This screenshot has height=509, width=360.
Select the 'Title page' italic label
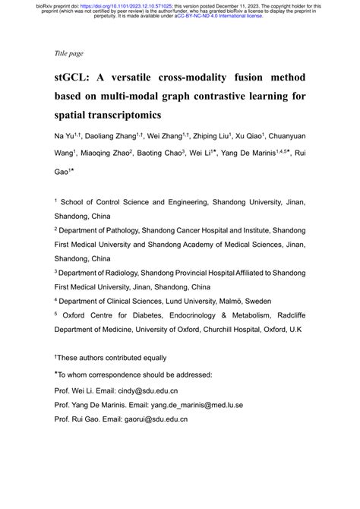[x=69, y=53]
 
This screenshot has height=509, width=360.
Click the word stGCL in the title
[x=73, y=78]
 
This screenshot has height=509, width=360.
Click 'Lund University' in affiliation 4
[x=189, y=300]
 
